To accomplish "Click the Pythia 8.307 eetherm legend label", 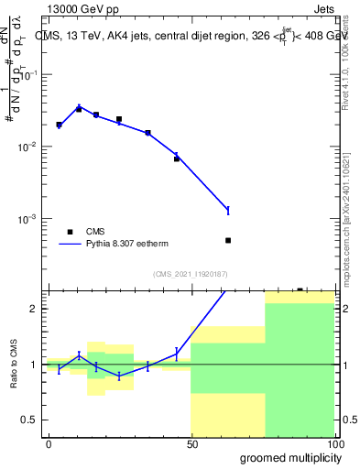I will (126, 245).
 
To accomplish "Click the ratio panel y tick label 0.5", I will (31, 420).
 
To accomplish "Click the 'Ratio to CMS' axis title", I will (12, 365).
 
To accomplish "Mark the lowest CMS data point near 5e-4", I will (228, 240).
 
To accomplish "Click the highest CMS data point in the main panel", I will (79, 109).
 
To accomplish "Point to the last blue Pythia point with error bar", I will (228, 211).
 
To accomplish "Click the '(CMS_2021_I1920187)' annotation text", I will (191, 274).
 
